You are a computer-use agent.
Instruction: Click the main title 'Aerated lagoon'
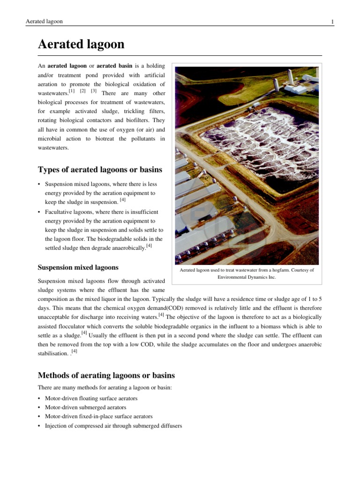tap(81, 45)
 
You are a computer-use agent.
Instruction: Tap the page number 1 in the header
tap(332, 22)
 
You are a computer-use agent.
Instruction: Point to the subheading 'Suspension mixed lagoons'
tap(77, 268)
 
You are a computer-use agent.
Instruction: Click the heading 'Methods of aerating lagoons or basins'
tap(106, 375)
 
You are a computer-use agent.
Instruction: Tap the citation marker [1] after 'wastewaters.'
tap(72, 90)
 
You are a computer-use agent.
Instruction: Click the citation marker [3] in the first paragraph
tap(94, 90)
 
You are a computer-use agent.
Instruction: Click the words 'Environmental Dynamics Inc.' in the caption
tap(247, 277)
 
